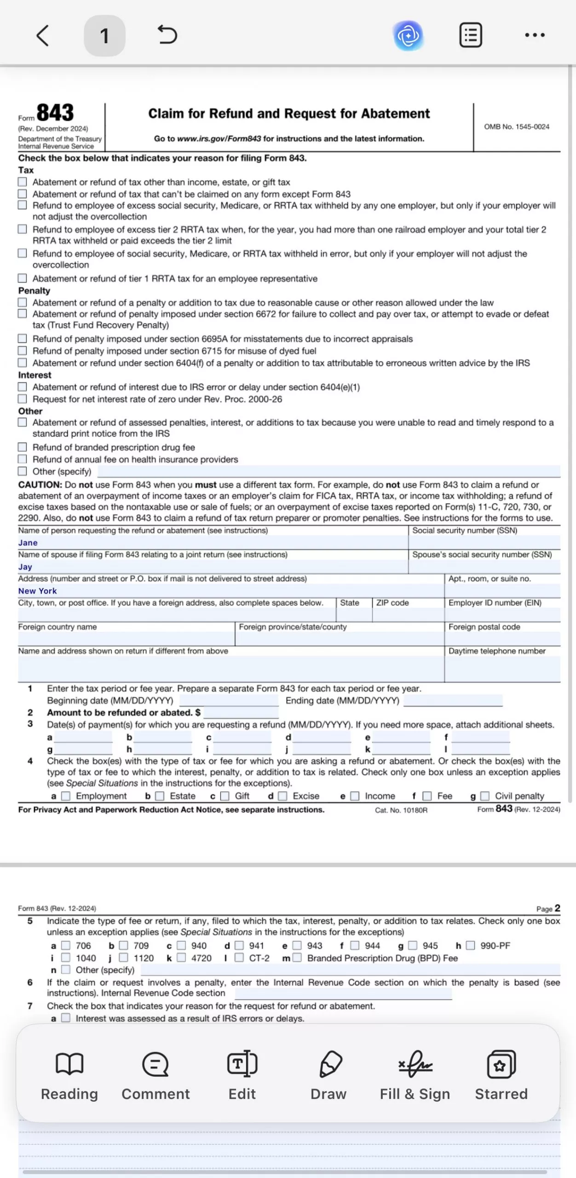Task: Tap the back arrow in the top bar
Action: tap(42, 35)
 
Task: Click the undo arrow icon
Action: tap(167, 35)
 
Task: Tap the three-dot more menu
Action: tap(535, 35)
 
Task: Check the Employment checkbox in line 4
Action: tap(66, 796)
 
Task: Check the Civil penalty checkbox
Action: tap(485, 796)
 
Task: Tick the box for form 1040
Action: tap(66, 958)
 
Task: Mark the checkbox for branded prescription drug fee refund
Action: tap(22, 447)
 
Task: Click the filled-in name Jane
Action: tap(28, 543)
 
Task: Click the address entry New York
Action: tap(38, 591)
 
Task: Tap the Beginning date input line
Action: tap(229, 701)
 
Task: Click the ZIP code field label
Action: tap(392, 603)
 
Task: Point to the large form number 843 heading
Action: tap(55, 113)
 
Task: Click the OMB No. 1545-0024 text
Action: tap(516, 127)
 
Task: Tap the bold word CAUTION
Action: tap(40, 485)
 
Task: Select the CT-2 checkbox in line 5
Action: tap(239, 958)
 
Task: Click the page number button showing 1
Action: tap(104, 35)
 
